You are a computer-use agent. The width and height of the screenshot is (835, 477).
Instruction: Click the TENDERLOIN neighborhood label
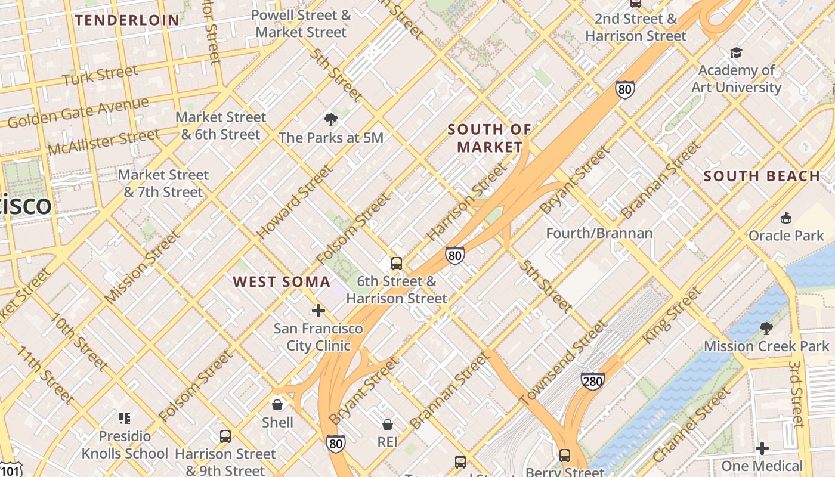click(x=126, y=20)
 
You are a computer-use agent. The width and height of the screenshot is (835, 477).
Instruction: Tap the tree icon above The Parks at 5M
click(x=331, y=120)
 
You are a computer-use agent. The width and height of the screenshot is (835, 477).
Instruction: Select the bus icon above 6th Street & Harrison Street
click(x=396, y=263)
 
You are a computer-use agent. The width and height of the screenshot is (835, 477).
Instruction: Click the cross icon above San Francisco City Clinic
click(x=318, y=310)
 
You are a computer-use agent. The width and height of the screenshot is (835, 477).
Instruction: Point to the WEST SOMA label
click(x=282, y=281)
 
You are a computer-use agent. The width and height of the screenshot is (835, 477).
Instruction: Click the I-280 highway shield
click(x=592, y=380)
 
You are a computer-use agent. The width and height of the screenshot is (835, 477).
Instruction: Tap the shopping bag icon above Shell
click(x=277, y=405)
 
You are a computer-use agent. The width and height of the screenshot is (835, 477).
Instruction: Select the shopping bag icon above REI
click(x=388, y=424)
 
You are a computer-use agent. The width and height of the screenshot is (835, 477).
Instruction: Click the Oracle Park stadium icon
click(x=785, y=218)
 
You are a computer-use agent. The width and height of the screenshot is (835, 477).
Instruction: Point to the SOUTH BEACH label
click(x=762, y=176)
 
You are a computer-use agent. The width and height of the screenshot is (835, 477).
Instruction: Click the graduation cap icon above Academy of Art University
click(x=736, y=52)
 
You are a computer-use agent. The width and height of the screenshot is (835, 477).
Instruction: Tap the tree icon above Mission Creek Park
click(x=766, y=328)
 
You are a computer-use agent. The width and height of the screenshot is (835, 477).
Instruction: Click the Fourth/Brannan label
click(x=599, y=233)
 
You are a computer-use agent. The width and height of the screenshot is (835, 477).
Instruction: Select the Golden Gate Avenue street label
click(x=78, y=113)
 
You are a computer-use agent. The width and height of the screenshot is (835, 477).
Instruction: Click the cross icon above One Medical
click(x=762, y=448)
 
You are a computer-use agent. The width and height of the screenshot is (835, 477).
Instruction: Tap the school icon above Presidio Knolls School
click(x=125, y=418)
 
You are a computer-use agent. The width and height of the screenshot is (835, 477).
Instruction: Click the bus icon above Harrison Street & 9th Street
click(x=225, y=436)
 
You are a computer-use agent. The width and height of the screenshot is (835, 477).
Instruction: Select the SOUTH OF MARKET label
click(x=490, y=138)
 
